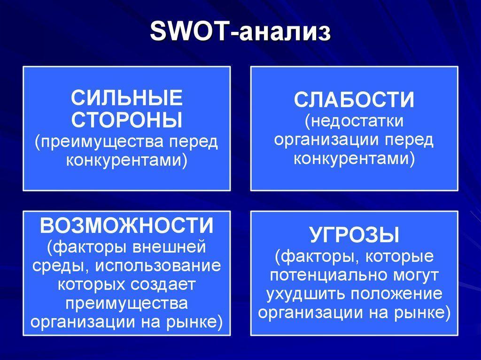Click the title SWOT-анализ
[x=240, y=31]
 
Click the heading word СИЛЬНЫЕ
[x=127, y=98]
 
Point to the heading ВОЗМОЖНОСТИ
[x=127, y=226]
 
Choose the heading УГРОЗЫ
[x=354, y=235]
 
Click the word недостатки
[x=357, y=121]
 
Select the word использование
[x=158, y=266]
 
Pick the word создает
[x=163, y=284]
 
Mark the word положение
[x=396, y=294]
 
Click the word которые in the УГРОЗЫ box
[x=399, y=257]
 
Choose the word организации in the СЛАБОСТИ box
[x=327, y=140]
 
